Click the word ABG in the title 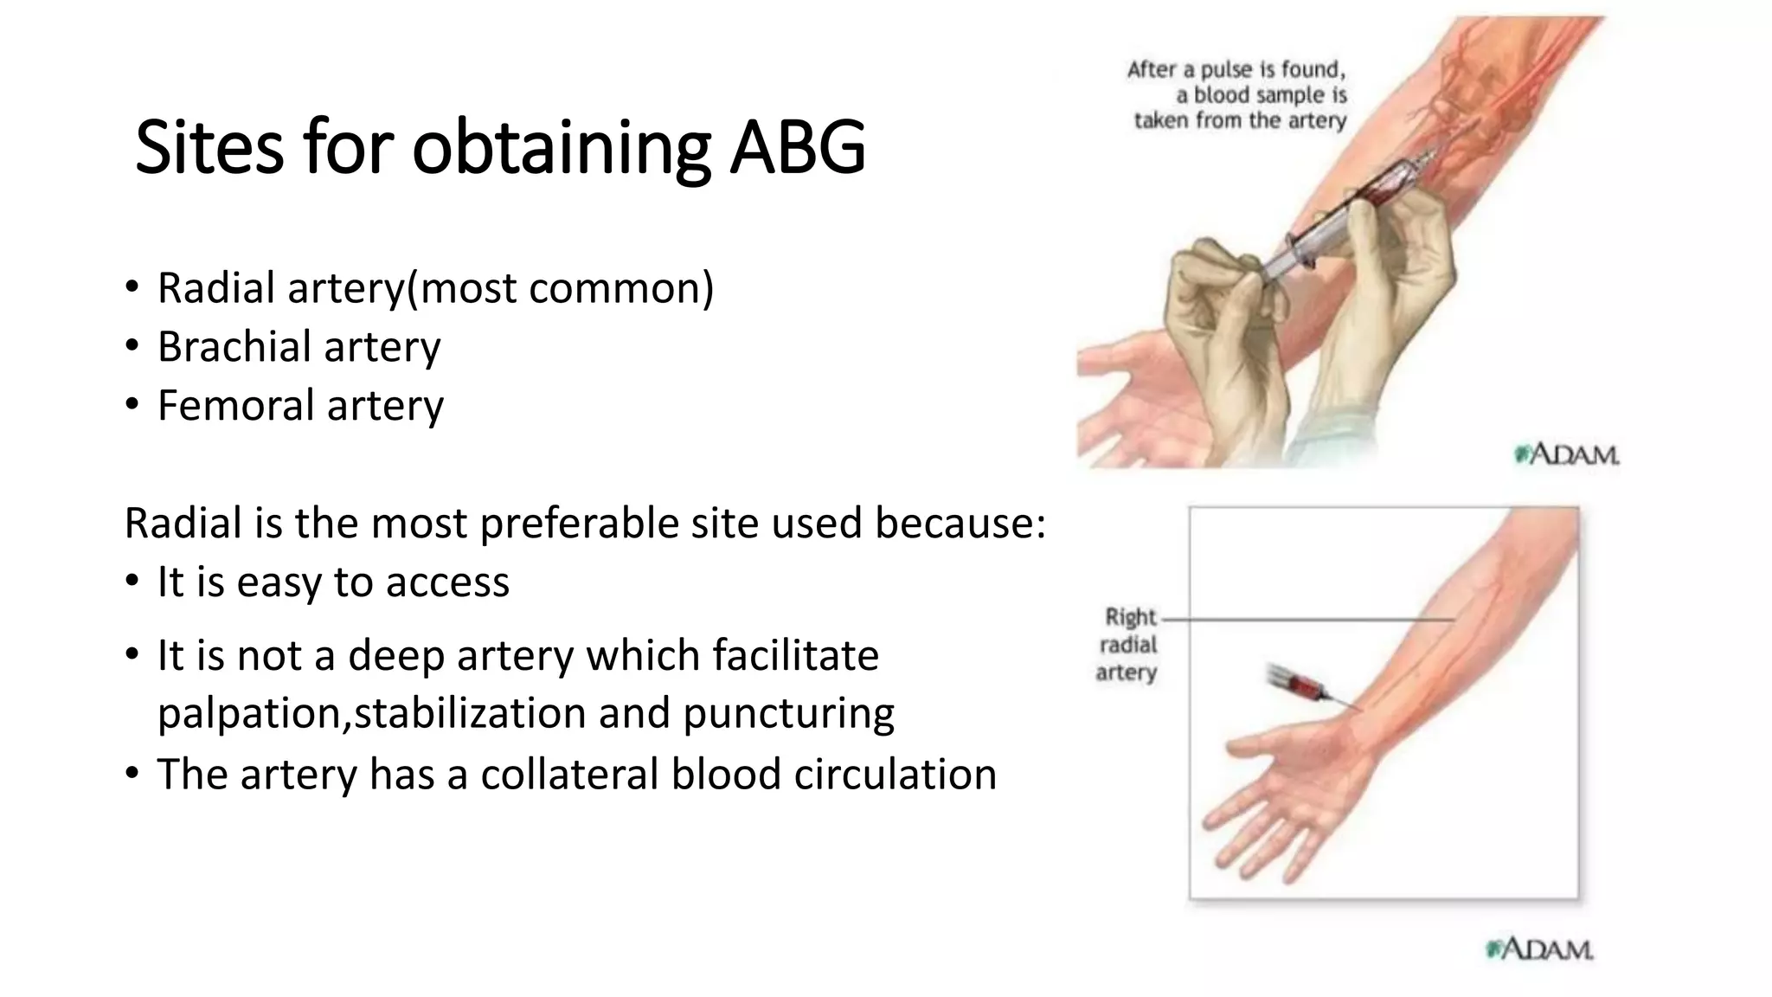796,147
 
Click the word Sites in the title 209,147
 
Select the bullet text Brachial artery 299,346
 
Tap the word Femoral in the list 235,405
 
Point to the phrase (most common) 561,287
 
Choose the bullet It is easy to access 333,582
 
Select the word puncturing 788,714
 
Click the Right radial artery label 1127,645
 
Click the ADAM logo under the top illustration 1567,454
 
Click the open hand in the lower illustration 1281,796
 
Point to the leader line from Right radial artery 1307,620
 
